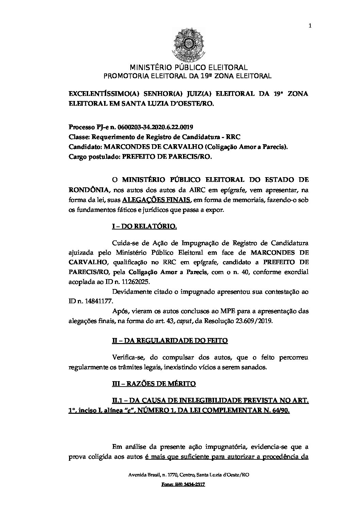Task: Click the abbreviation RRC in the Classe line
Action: coord(234,137)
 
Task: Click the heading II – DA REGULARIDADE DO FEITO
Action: coord(170,340)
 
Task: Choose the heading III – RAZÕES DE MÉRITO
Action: coord(154,384)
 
